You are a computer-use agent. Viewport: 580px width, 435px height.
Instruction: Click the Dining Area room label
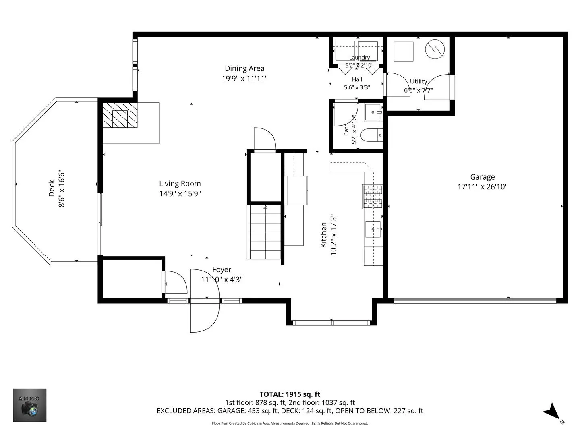pos(244,68)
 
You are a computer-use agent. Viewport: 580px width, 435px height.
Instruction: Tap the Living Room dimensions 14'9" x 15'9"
pos(180,194)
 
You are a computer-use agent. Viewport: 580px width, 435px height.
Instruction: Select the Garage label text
pos(483,177)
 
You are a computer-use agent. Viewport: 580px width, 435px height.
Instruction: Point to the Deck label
pos(52,188)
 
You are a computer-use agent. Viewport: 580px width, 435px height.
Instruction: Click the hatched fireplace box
pos(120,115)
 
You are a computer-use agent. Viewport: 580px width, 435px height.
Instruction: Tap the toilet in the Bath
pos(371,135)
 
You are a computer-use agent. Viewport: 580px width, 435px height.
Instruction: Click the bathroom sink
pos(373,112)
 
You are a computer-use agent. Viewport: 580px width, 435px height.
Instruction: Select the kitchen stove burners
pos(373,197)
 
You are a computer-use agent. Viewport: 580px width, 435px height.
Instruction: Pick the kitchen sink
pos(373,229)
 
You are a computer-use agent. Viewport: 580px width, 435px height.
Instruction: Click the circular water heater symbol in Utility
pos(435,50)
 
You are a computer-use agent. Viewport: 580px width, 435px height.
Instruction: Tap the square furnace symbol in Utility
pos(404,52)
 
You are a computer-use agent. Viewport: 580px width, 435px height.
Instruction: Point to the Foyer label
pos(222,270)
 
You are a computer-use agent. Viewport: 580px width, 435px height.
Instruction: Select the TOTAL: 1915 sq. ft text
pos(290,394)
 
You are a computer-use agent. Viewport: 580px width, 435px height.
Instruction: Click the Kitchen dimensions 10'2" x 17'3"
pos(333,235)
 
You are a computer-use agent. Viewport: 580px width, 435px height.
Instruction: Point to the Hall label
pos(357,79)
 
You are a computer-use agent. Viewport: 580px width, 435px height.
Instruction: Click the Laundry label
pos(359,57)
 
